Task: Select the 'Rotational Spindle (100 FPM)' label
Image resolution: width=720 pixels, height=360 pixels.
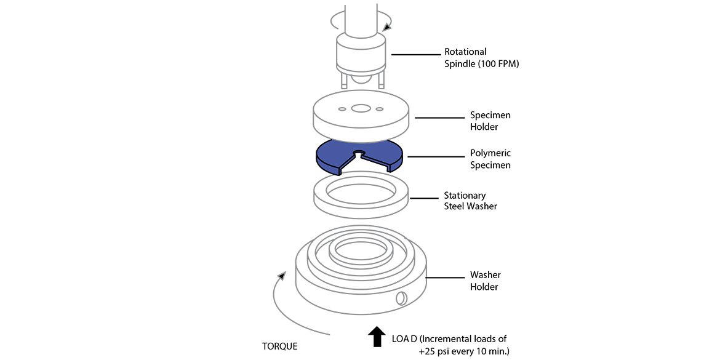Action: click(482, 57)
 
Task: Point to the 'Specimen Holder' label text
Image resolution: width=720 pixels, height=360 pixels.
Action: click(490, 121)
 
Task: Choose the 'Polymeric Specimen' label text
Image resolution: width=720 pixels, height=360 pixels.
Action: click(490, 159)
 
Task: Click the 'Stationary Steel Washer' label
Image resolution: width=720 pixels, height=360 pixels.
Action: click(470, 201)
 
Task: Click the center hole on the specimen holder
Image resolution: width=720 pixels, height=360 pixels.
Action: click(361, 108)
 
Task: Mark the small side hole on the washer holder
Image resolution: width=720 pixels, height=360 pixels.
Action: click(401, 298)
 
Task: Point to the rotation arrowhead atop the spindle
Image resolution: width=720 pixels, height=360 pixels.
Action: click(388, 26)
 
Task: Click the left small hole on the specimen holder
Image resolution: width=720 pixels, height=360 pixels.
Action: click(342, 109)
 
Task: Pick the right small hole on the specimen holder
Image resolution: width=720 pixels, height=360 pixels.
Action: click(380, 109)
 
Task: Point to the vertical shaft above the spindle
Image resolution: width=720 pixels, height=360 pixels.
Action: click(360, 15)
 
